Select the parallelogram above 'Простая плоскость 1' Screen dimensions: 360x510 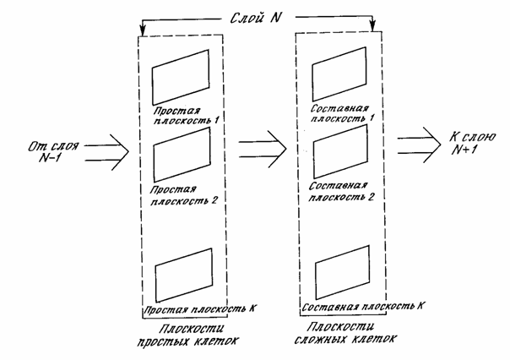(x=180, y=77)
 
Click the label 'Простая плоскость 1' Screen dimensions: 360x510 (x=185, y=115)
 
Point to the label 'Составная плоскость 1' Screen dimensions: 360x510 (x=343, y=114)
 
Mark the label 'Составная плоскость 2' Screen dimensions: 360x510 (x=343, y=191)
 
